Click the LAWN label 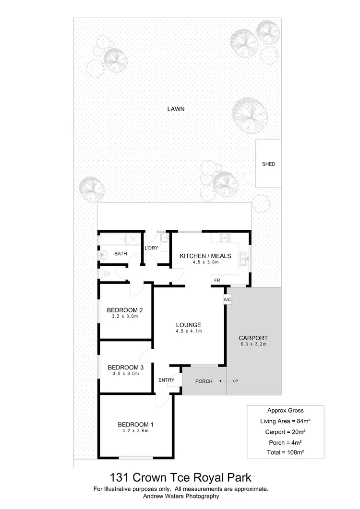pos(176,109)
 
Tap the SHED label pos(268,164)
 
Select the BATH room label pos(120,254)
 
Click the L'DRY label pos(152,248)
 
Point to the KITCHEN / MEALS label pos(205,256)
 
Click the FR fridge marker pos(217,279)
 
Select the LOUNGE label pos(188,324)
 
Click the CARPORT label pos(253,338)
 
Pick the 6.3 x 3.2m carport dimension pos(253,344)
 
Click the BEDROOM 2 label pos(125,309)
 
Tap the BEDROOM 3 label pos(125,367)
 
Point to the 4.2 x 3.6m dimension pos(136,431)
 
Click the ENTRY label pos(166,380)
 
